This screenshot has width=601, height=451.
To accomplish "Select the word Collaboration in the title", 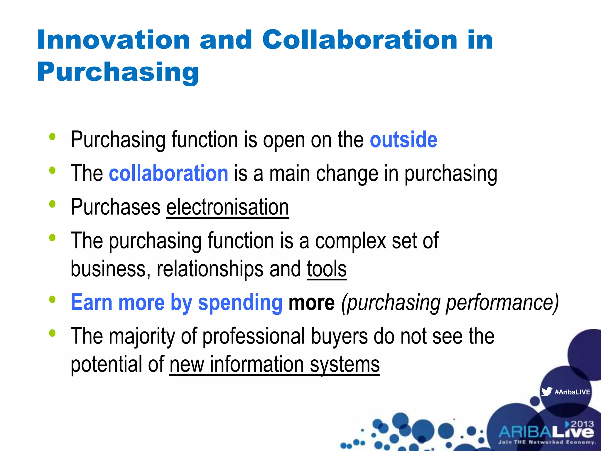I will point(360,40).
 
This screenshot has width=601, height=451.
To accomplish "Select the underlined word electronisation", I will point(227,207).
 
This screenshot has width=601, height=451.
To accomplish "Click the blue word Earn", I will point(92,302).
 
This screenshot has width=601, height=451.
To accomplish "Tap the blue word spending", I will point(240,302).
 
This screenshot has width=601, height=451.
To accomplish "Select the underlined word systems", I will point(345,365).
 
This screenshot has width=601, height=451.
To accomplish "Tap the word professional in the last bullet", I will point(254,336).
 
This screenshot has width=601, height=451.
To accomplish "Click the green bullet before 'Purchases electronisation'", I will point(53,204).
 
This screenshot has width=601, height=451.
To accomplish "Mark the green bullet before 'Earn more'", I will point(53,299).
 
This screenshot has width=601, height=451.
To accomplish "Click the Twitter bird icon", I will point(546,392).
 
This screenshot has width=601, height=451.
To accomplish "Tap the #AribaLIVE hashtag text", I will point(572,392).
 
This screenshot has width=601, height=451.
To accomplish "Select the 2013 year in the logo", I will point(582,424).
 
